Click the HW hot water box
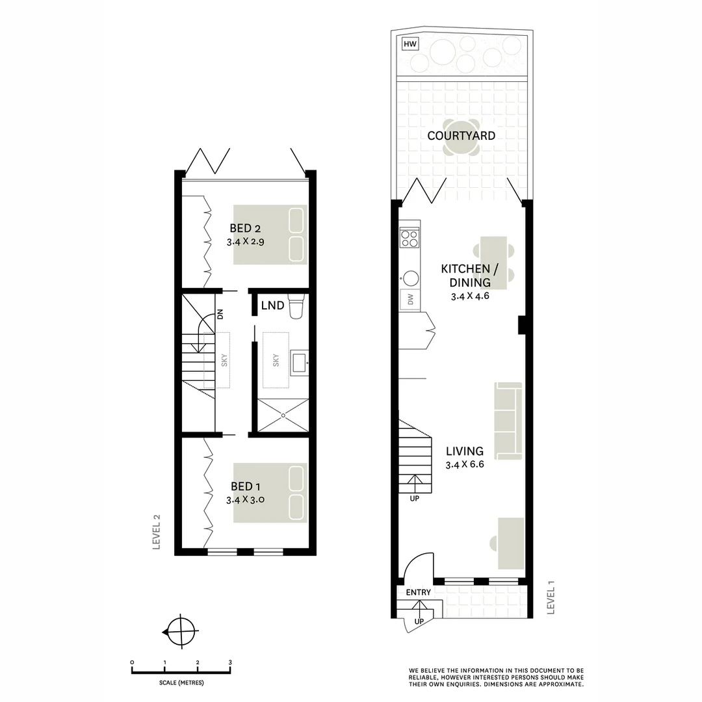pos(409,44)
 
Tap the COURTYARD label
pos(461,136)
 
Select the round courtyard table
pos(461,138)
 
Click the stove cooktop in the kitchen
pos(409,238)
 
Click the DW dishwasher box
pos(410,300)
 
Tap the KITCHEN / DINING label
pos(465,276)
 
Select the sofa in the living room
pos(508,419)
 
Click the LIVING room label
pos(464,450)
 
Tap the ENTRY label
pos(418,593)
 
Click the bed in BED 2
pos(270,235)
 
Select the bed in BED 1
pos(270,493)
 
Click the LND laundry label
pos(272,305)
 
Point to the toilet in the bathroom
pos(296,307)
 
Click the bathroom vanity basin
pos(298,362)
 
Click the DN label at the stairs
pos(220,315)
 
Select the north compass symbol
pos(180,631)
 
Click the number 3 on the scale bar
pos(230,662)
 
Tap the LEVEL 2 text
pos(156,532)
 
